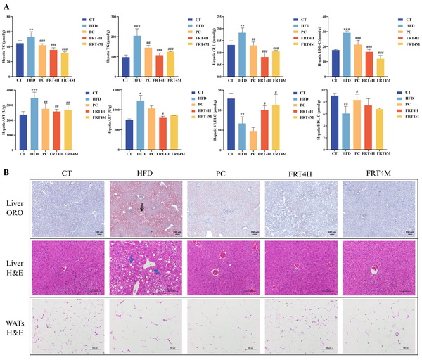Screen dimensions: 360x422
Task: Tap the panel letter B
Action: point(6,170)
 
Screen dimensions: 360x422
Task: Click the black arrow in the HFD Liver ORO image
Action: point(142,205)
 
